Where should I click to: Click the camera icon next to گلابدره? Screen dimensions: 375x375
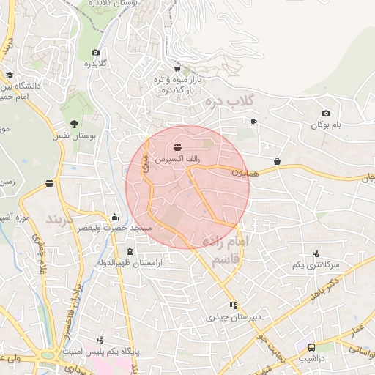(x=95, y=52)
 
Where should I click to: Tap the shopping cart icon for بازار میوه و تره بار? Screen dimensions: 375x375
(x=177, y=69)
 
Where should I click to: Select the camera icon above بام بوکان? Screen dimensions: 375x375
(x=326, y=114)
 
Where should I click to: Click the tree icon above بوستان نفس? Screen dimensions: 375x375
(x=75, y=124)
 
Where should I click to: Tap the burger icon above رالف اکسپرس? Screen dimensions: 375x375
(x=179, y=149)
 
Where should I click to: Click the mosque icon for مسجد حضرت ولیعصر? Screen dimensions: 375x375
(x=114, y=218)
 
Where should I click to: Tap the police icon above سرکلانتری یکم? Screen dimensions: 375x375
(x=316, y=253)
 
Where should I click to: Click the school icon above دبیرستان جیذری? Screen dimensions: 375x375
(x=233, y=305)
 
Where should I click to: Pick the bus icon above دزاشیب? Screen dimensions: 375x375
(x=311, y=347)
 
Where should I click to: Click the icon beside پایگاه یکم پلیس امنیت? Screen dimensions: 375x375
(x=100, y=341)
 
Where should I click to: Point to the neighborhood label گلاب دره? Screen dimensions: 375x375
(x=229, y=99)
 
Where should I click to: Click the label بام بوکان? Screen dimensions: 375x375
(x=326, y=125)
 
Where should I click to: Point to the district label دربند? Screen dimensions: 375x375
(x=61, y=219)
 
